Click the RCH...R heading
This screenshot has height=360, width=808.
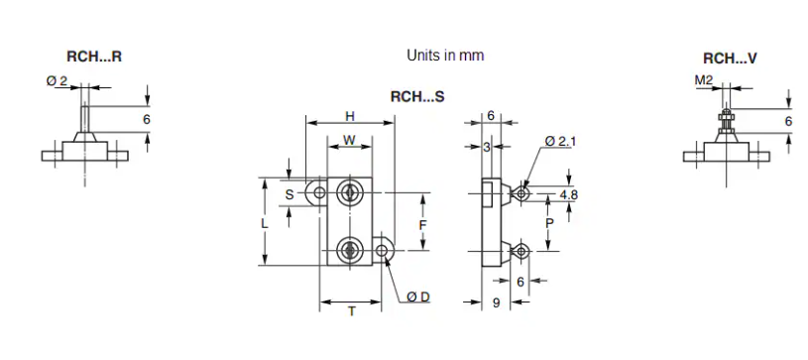click(94, 57)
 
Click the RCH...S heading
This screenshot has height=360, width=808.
click(417, 96)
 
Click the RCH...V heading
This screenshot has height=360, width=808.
click(731, 59)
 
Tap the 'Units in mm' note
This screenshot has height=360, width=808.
click(446, 56)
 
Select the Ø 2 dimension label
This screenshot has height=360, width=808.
click(57, 81)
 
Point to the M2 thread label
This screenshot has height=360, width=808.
click(703, 80)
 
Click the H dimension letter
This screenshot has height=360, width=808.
click(350, 117)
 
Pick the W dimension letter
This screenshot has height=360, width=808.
click(350, 140)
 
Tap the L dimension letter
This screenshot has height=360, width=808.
click(265, 224)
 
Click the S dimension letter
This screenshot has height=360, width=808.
click(289, 194)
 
